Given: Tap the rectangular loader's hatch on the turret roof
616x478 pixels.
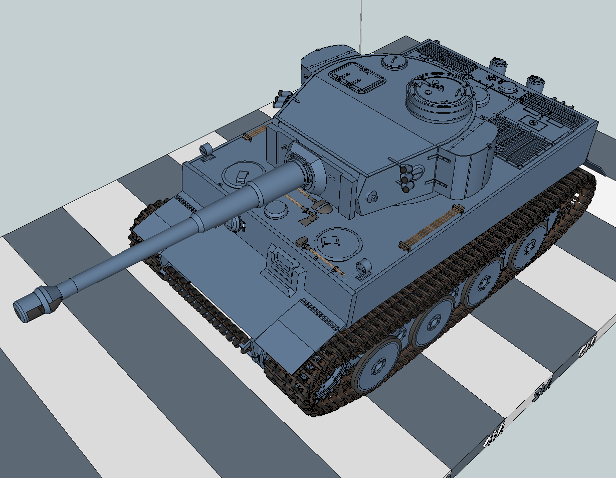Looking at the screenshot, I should (356, 77).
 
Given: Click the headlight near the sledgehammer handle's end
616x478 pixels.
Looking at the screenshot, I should (363, 268).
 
